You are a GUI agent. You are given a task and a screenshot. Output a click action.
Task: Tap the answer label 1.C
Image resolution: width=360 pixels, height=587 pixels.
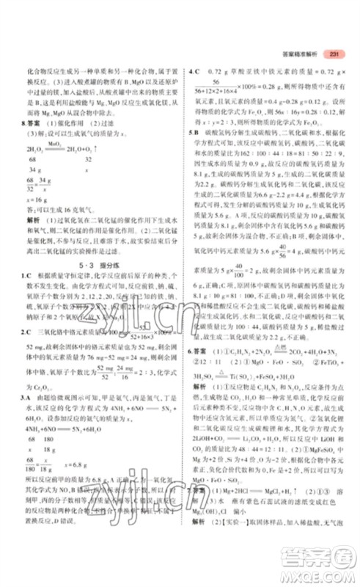point(25,274)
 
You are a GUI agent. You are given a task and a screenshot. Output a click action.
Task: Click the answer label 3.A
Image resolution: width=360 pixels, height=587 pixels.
point(25,395)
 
